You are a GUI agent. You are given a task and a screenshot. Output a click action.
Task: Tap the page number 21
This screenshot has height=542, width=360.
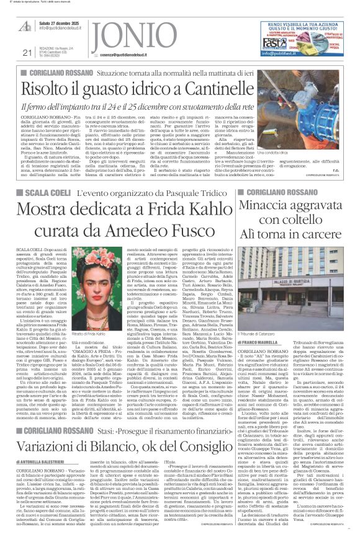(x=27, y=53)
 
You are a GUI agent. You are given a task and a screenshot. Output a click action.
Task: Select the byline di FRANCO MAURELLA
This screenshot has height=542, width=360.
(x=260, y=342)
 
